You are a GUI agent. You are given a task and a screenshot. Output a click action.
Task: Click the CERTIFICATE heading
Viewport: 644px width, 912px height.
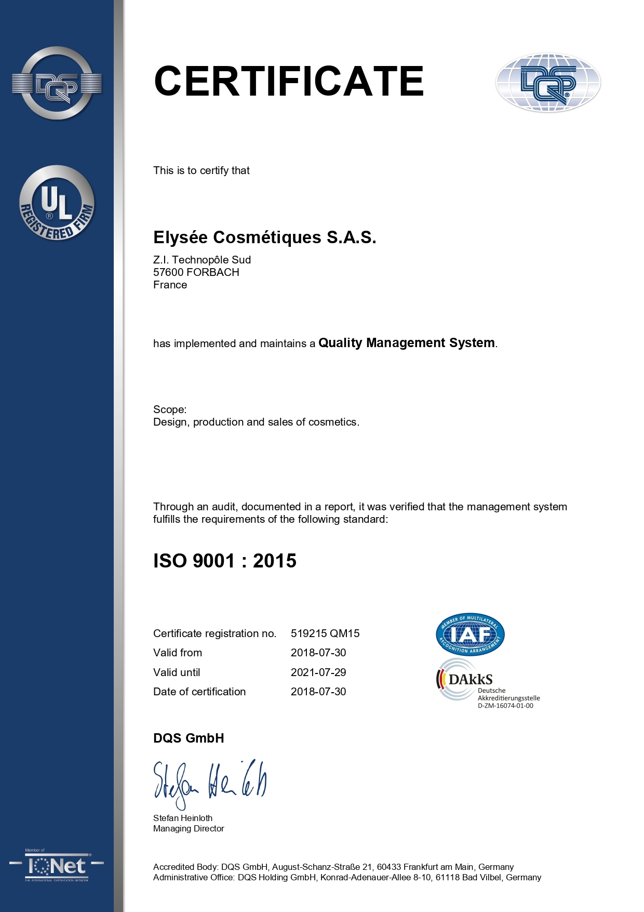click(x=289, y=82)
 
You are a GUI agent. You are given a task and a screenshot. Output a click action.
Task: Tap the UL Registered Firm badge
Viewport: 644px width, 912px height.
click(x=57, y=203)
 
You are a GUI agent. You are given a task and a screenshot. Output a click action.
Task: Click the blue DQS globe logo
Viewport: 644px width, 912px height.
click(x=548, y=83)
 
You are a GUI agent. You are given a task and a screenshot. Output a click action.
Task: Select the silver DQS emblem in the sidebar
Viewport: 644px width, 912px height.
click(x=57, y=83)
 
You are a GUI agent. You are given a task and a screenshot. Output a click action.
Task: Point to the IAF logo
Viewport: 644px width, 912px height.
click(x=470, y=634)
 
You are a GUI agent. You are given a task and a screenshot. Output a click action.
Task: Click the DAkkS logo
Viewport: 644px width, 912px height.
click(x=465, y=679)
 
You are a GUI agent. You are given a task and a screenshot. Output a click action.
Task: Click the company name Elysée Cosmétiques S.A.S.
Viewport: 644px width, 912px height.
click(x=264, y=237)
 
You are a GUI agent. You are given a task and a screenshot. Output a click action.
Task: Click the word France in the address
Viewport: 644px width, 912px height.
click(x=170, y=285)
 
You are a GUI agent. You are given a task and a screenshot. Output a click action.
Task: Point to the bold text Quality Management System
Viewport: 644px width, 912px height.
click(x=406, y=343)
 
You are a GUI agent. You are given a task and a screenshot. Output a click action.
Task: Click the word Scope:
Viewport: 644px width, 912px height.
click(x=170, y=409)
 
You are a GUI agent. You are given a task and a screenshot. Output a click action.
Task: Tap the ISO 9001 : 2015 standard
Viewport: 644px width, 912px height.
click(x=224, y=561)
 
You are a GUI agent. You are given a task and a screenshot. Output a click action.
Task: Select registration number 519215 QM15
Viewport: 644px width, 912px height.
click(x=325, y=633)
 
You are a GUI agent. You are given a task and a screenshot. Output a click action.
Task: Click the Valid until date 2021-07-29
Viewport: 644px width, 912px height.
click(x=318, y=672)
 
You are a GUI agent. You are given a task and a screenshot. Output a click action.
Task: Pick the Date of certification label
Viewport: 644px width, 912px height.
click(x=199, y=692)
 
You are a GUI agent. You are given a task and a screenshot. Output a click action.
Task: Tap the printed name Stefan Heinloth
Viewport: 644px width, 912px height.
click(x=183, y=818)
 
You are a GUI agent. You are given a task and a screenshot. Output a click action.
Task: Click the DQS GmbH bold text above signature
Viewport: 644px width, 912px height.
click(x=189, y=738)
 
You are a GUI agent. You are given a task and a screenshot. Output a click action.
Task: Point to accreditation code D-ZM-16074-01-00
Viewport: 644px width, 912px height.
click(x=505, y=706)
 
